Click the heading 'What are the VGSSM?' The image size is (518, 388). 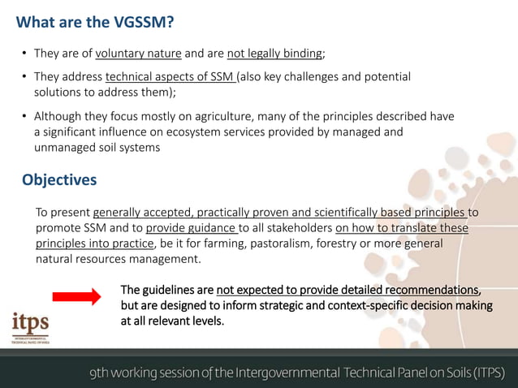(95, 23)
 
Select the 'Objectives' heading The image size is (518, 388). (59, 179)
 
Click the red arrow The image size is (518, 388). (76, 297)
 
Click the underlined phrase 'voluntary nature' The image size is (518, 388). (138, 54)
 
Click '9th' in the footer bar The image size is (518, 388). (101, 373)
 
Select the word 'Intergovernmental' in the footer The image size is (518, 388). (287, 373)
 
